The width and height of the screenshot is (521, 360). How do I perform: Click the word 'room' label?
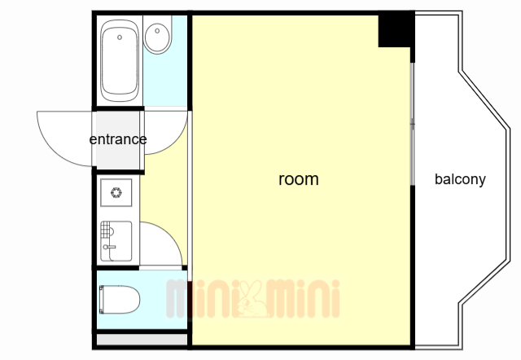(x=299, y=179)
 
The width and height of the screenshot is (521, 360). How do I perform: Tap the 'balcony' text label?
(x=460, y=179)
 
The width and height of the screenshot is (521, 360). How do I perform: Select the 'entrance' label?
(x=118, y=139)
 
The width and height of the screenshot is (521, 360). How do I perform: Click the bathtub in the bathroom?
(x=120, y=60)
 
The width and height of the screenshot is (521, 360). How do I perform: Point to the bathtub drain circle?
(x=120, y=37)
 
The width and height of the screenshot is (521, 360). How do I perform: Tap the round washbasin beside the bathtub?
(x=157, y=37)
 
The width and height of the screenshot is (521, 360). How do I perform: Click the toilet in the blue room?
(x=120, y=299)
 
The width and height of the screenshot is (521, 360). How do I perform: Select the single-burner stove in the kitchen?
(x=116, y=192)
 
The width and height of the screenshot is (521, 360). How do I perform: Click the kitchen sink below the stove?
(x=116, y=241)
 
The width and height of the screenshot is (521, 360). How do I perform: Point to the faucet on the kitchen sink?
(x=109, y=247)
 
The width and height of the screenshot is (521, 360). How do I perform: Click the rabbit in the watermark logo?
(x=253, y=298)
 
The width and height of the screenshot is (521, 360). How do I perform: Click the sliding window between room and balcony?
(x=413, y=124)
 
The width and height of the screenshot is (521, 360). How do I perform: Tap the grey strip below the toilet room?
(x=142, y=340)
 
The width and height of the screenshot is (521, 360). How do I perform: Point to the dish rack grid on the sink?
(x=105, y=230)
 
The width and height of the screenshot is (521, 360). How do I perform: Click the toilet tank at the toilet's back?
(x=102, y=299)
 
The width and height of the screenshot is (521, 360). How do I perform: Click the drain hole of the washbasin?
(x=157, y=31)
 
